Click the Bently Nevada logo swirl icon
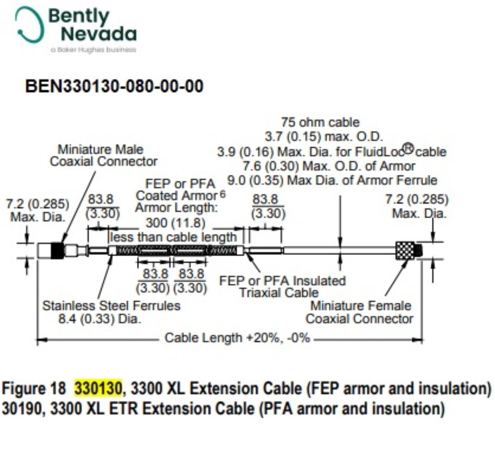click(x=29, y=25)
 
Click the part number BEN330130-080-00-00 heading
click(x=114, y=87)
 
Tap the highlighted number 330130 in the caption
click(x=98, y=388)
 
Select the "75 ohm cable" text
click(x=320, y=122)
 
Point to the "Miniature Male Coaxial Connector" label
click(x=104, y=155)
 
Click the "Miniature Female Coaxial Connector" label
click(x=360, y=312)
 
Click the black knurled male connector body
click(x=57, y=250)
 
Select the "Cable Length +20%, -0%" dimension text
click(x=237, y=338)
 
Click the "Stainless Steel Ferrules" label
click(x=111, y=306)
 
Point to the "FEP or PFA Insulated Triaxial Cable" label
click(x=282, y=287)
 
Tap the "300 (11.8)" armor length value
click(x=175, y=223)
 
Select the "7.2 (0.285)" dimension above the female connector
click(x=417, y=200)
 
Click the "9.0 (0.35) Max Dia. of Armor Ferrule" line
click(x=332, y=181)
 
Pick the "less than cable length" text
click(x=174, y=237)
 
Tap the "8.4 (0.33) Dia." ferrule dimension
click(x=99, y=319)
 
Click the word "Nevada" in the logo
click(x=99, y=34)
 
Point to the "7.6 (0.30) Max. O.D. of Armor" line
click(x=329, y=166)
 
